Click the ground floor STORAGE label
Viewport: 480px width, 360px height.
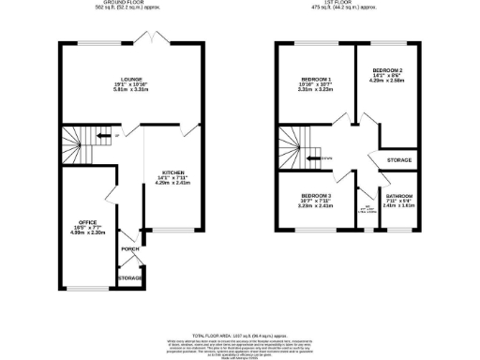point(129,278)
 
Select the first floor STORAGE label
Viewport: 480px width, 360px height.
point(399,160)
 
